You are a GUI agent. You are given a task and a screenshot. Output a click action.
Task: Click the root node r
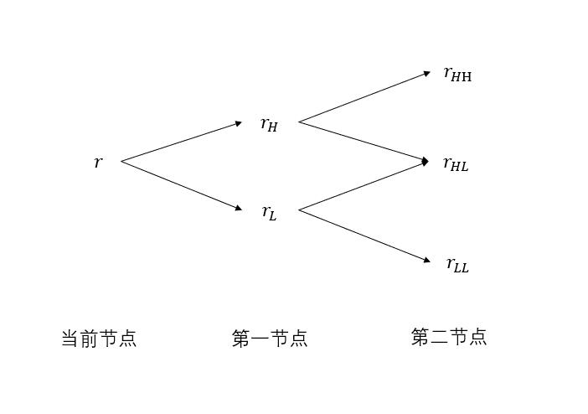coord(98,163)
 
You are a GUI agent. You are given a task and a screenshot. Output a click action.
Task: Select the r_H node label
coord(269,125)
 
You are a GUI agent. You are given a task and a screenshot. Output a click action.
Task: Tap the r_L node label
coord(269,212)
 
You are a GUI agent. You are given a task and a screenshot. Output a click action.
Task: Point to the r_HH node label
coord(457,74)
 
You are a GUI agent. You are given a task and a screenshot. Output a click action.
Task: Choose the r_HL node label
coord(456,163)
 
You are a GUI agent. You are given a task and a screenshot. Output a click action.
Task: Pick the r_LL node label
coord(457,265)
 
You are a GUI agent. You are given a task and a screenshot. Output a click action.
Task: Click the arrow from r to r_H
coord(181,142)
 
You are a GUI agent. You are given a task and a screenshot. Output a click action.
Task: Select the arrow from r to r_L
coord(181,184)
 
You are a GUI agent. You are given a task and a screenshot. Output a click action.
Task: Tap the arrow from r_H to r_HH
coord(364,97)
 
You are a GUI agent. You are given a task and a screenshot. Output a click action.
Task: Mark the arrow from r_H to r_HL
coord(364,142)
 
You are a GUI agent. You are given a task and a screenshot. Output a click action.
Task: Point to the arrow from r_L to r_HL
coord(364,186)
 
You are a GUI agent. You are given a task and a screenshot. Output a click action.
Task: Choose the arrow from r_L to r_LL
coord(364,235)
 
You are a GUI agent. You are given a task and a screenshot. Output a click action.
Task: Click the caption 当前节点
coord(99,339)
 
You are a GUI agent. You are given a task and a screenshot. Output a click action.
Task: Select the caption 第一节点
coord(270,339)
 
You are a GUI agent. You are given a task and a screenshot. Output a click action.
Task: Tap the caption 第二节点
coord(449,337)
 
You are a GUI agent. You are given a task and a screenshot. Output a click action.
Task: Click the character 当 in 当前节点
coord(70,339)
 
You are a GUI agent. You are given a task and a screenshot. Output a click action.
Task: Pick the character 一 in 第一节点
coord(260,339)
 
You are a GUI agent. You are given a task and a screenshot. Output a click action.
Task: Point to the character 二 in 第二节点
coord(440,337)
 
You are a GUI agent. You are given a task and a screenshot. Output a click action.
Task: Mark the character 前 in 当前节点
coord(90,339)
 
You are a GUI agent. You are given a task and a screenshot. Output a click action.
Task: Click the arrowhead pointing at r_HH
coord(426,74)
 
